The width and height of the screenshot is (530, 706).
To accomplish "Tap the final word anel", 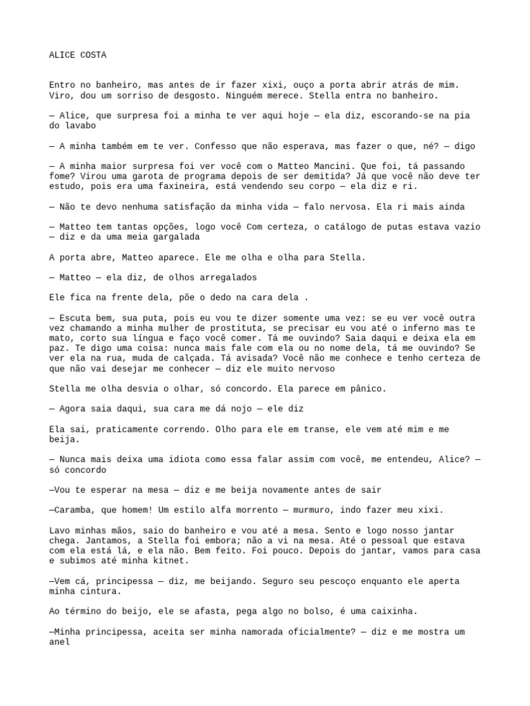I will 59,642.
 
